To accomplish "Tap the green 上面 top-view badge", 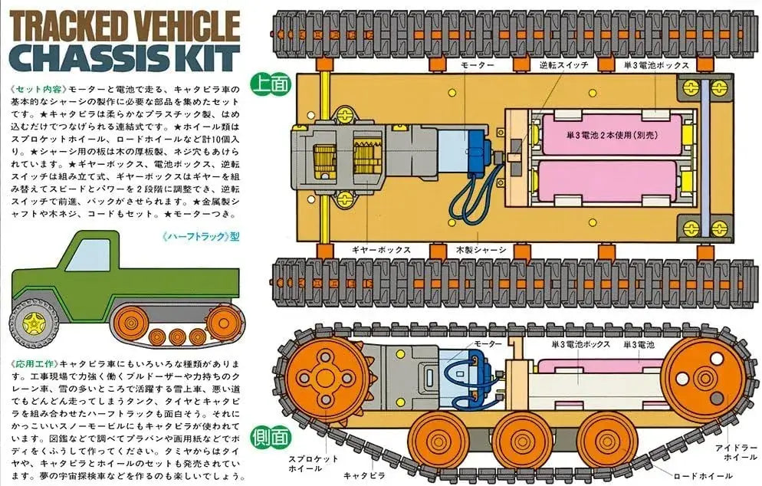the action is click(271, 84).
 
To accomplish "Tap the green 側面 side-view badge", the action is click(270, 438).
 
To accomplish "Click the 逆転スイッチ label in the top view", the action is click(563, 64).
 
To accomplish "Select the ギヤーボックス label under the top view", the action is click(382, 250).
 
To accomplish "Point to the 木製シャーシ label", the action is click(481, 250).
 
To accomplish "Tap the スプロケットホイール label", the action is click(306, 463).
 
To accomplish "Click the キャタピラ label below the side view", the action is click(364, 476).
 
